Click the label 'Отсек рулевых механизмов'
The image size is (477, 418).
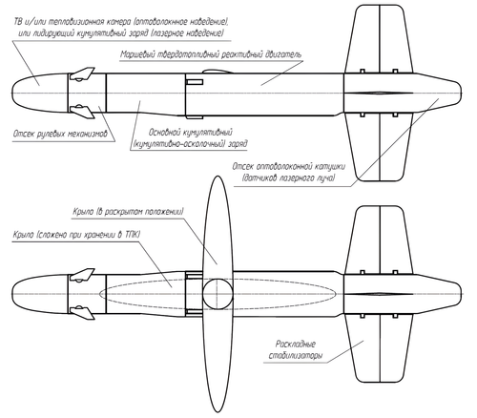pyautogui.click(x=60, y=134)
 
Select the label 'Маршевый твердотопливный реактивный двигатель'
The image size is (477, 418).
pyautogui.click(x=211, y=54)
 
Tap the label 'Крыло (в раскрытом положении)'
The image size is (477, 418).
pyautogui.click(x=128, y=212)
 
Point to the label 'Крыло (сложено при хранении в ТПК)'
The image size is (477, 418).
pyautogui.click(x=76, y=235)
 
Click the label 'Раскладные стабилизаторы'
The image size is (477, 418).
pyautogui.click(x=296, y=349)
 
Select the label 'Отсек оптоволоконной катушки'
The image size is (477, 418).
pyautogui.click(x=289, y=167)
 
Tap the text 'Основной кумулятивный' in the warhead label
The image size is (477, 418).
pyautogui.click(x=191, y=132)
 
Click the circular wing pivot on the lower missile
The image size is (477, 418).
pyautogui.click(x=218, y=294)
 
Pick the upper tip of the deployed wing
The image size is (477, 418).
pyautogui.click(x=218, y=177)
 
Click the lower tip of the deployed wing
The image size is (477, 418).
pyautogui.click(x=218, y=412)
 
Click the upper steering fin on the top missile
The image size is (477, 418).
pyautogui.click(x=82, y=73)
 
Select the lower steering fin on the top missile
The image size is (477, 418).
pyautogui.click(x=82, y=112)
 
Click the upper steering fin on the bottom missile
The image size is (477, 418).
pyautogui.click(x=82, y=275)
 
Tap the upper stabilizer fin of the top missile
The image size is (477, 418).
pyautogui.click(x=380, y=39)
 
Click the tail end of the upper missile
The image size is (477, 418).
pyautogui.click(x=461, y=94)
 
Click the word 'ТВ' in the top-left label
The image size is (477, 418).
pyautogui.click(x=19, y=22)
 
